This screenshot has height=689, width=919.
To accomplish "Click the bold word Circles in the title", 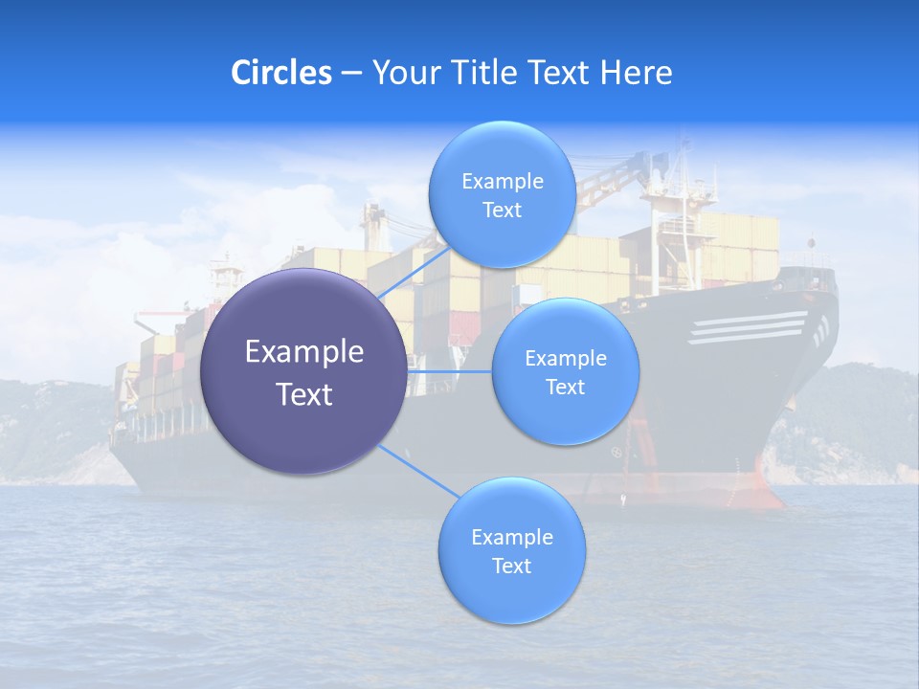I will tap(280, 73).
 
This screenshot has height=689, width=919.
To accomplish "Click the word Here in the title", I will tap(636, 73).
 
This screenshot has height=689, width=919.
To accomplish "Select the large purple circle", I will tap(303, 371).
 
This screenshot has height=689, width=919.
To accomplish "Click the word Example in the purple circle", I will tap(303, 352).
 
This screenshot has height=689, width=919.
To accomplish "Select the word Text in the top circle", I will tap(502, 211).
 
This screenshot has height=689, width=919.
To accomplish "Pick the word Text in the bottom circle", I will tap(511, 567).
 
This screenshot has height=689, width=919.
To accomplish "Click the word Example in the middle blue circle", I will tap(565, 359).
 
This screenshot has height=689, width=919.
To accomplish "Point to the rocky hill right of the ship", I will tap(852, 421).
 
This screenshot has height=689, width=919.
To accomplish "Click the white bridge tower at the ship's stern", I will tap(226, 278).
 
